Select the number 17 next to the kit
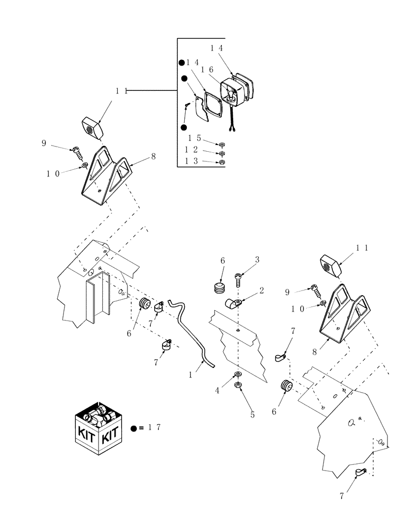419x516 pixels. click(154, 428)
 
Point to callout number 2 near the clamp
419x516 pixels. click(262, 291)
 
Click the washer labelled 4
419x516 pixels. click(237, 374)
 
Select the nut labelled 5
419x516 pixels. click(238, 384)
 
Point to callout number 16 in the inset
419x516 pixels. click(207, 69)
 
